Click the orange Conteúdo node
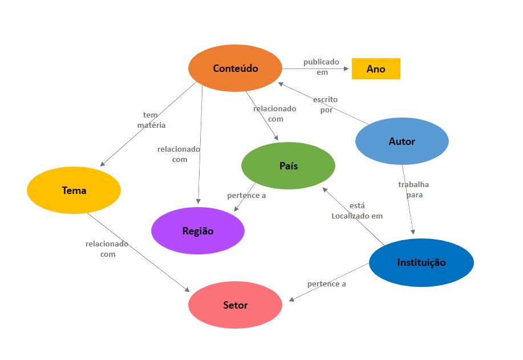pos(235,68)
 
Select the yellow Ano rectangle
pos(376,68)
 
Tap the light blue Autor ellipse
pos(402,141)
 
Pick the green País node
pos(288,165)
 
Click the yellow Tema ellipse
pos(74,190)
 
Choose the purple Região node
pos(198,231)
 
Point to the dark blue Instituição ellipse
pos(421,262)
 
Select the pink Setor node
pos(235,305)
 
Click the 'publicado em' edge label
pos(321,67)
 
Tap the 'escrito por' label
pos(326,105)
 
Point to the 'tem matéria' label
pos(151,120)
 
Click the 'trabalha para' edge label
pos(413,189)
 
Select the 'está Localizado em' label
pos(357,211)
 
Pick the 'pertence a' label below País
pos(246,195)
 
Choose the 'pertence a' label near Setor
pos(326,284)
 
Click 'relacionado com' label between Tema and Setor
pos(107,249)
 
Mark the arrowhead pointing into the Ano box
pos(346,68)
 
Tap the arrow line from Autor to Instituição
pos(408,200)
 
